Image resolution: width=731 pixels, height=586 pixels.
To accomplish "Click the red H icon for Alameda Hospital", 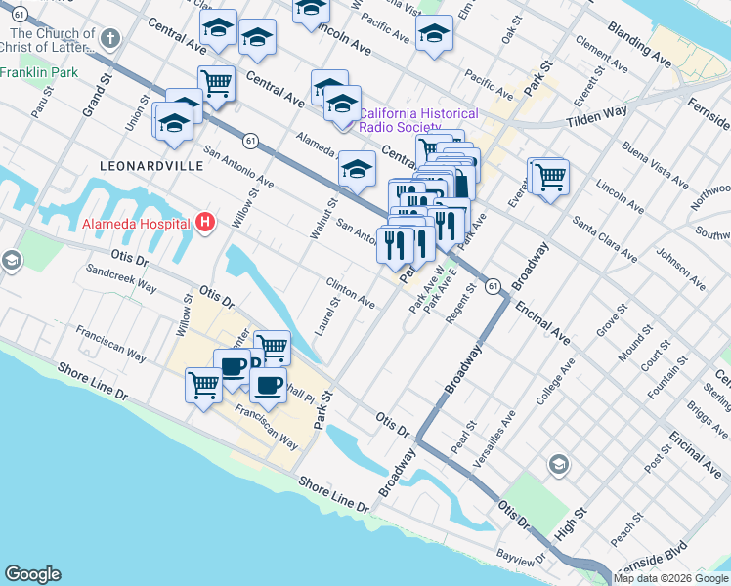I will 204,223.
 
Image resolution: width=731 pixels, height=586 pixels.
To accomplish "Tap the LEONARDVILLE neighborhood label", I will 151,166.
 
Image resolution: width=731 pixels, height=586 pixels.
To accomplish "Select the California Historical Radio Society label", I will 418,120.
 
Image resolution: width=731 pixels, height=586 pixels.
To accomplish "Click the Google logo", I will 32,574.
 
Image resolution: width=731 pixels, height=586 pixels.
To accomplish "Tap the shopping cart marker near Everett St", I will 549,177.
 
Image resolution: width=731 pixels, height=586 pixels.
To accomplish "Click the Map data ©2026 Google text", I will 670,578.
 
